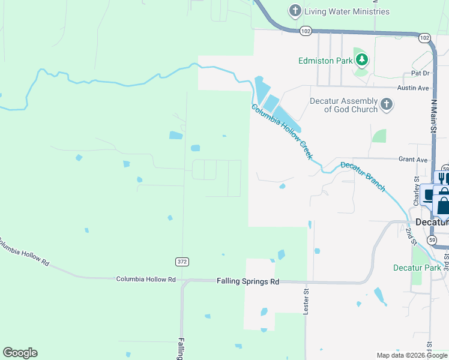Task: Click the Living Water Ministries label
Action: [x=346, y=11]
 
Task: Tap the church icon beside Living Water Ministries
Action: [x=295, y=11]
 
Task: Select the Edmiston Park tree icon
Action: [x=361, y=60]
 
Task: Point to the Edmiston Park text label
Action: [x=325, y=61]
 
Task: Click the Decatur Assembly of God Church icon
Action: [x=387, y=105]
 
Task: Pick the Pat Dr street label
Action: [x=421, y=73]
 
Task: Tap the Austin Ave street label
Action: [x=415, y=88]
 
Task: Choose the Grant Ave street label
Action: [x=413, y=160]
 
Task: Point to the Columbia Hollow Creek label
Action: [x=282, y=132]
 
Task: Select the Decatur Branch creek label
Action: [x=363, y=176]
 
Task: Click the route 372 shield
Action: [x=182, y=262]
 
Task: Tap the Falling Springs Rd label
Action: [x=249, y=281]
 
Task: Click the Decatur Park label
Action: [x=417, y=268]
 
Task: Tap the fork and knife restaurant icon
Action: [x=443, y=178]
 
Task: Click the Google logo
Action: [x=20, y=353]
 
